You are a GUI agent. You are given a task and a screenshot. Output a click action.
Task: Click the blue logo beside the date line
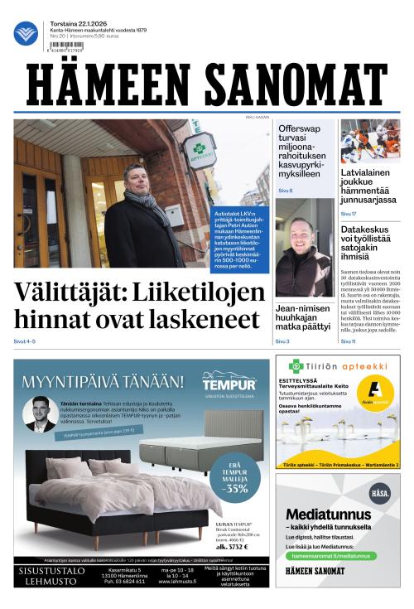(26, 33)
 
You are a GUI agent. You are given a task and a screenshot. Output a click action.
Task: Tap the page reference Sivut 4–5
(25, 341)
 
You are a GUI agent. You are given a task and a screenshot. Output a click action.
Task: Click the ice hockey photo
(369, 141)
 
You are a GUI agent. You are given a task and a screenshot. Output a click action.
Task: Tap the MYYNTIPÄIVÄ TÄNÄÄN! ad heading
(103, 382)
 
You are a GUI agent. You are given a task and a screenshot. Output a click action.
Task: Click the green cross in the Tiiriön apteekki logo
(296, 365)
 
